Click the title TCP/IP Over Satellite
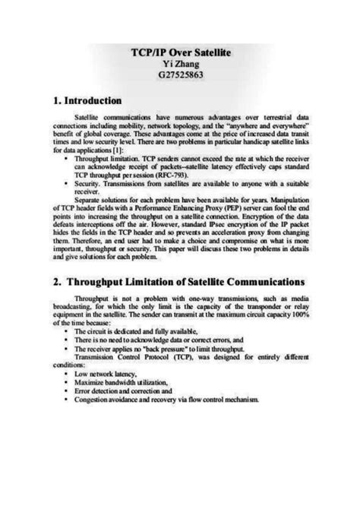coord(179,54)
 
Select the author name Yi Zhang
coord(179,65)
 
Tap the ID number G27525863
coord(179,77)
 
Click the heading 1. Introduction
coord(89,100)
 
